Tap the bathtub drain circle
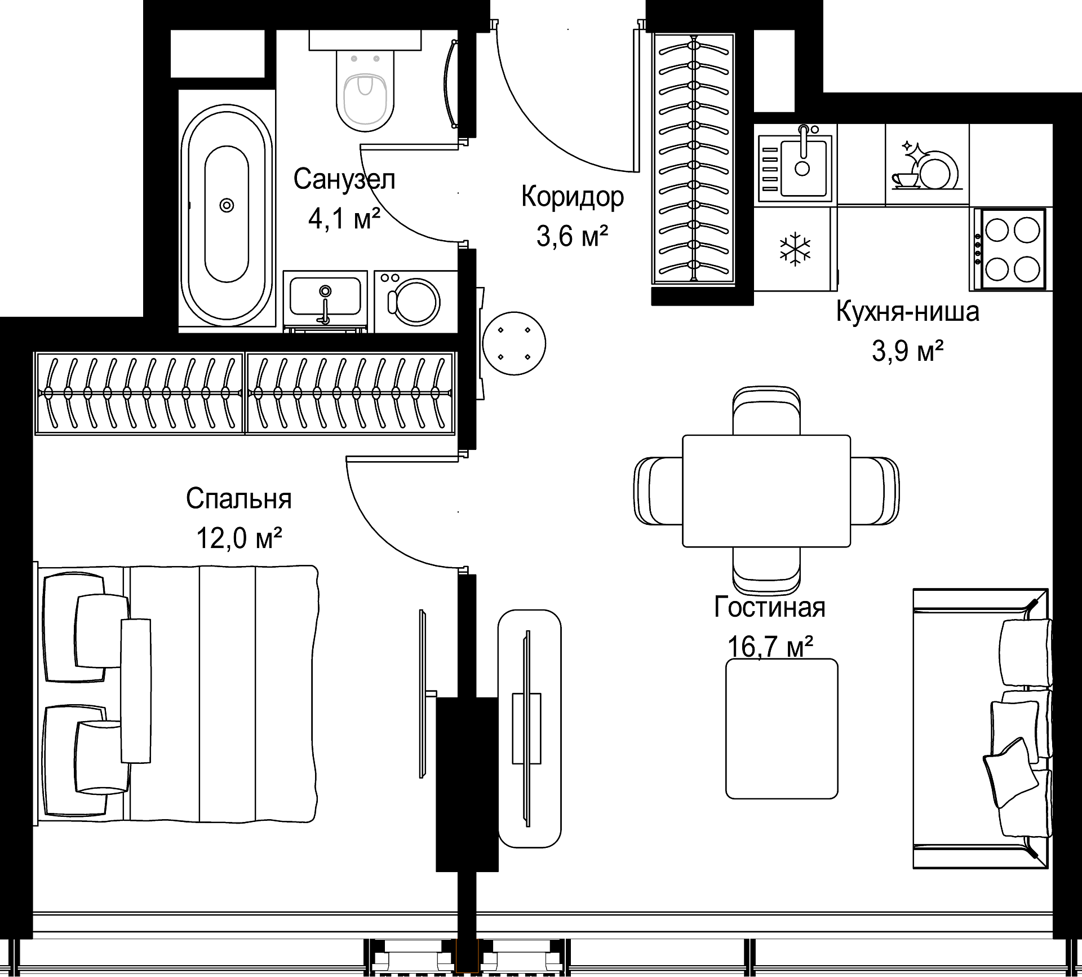tap(227, 205)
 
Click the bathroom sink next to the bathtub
tap(325, 299)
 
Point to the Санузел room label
tap(344, 179)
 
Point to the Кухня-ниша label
tap(907, 311)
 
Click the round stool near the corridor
tap(514, 343)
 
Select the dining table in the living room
tap(766, 491)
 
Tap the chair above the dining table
tap(766, 410)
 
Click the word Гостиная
tap(769, 608)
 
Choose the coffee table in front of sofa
tap(782, 728)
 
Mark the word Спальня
tap(239, 499)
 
